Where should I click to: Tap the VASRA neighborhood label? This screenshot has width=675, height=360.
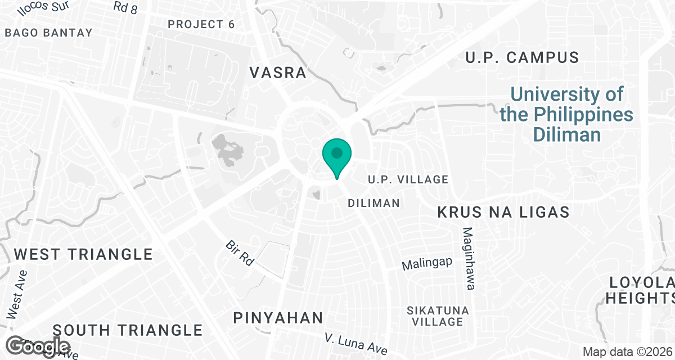[x=278, y=73]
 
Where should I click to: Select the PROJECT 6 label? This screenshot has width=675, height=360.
[x=201, y=24]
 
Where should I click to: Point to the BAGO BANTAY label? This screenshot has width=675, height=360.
[x=48, y=33]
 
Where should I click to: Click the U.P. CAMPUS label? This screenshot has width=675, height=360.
[x=523, y=57]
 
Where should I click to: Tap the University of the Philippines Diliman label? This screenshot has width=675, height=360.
[x=566, y=114]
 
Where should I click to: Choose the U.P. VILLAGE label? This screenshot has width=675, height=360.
[x=408, y=179]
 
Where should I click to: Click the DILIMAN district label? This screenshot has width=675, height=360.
[x=374, y=202]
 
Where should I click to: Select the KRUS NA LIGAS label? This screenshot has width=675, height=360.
[x=504, y=212]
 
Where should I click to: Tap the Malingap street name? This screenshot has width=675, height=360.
[x=427, y=263]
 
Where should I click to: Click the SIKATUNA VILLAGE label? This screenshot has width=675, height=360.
[x=436, y=316]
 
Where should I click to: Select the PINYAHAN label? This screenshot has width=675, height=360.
[x=278, y=318]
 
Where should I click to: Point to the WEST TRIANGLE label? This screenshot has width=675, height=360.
[x=83, y=254]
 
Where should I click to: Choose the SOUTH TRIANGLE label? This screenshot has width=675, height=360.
[x=128, y=330]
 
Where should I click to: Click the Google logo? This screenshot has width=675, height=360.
[x=39, y=345]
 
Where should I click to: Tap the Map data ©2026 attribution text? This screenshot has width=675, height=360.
[x=627, y=352]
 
